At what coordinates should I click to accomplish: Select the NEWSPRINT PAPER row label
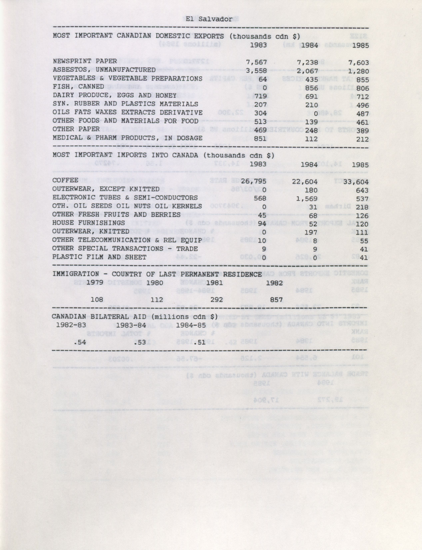pyautogui.click(x=85, y=61)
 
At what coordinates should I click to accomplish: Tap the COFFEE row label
pyautogui.click(x=65, y=180)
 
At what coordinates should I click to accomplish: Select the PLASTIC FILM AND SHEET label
pyautogui.click(x=99, y=257)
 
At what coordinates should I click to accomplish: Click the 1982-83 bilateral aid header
pyautogui.click(x=71, y=325)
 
